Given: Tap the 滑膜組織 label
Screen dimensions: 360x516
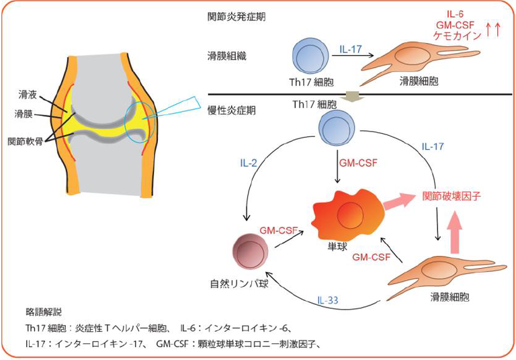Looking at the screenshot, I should coord(227,56).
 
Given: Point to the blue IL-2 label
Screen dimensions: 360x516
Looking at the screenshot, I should coord(249,163).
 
